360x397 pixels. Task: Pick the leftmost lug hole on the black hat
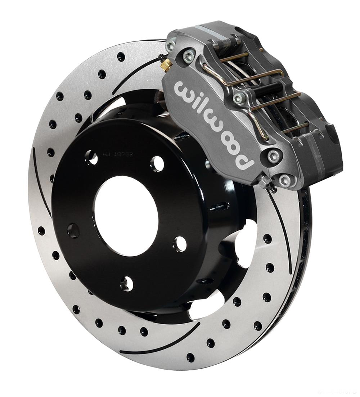pyautogui.click(x=73, y=230)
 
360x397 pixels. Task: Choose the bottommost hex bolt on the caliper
pyautogui.click(x=285, y=180)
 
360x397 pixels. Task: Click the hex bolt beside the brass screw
pyautogui.click(x=188, y=56)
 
